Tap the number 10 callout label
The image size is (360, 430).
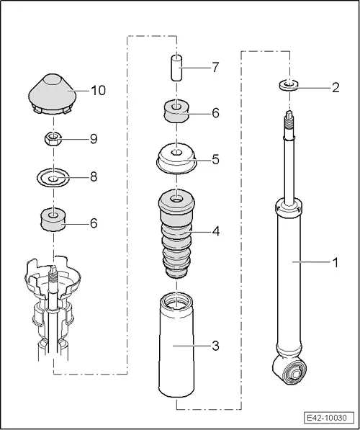coord(99,91)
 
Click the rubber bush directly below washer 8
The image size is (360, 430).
coord(52,219)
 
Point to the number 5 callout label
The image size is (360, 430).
coord(216,158)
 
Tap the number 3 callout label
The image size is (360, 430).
coord(216,346)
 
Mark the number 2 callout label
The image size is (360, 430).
coord(335,89)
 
